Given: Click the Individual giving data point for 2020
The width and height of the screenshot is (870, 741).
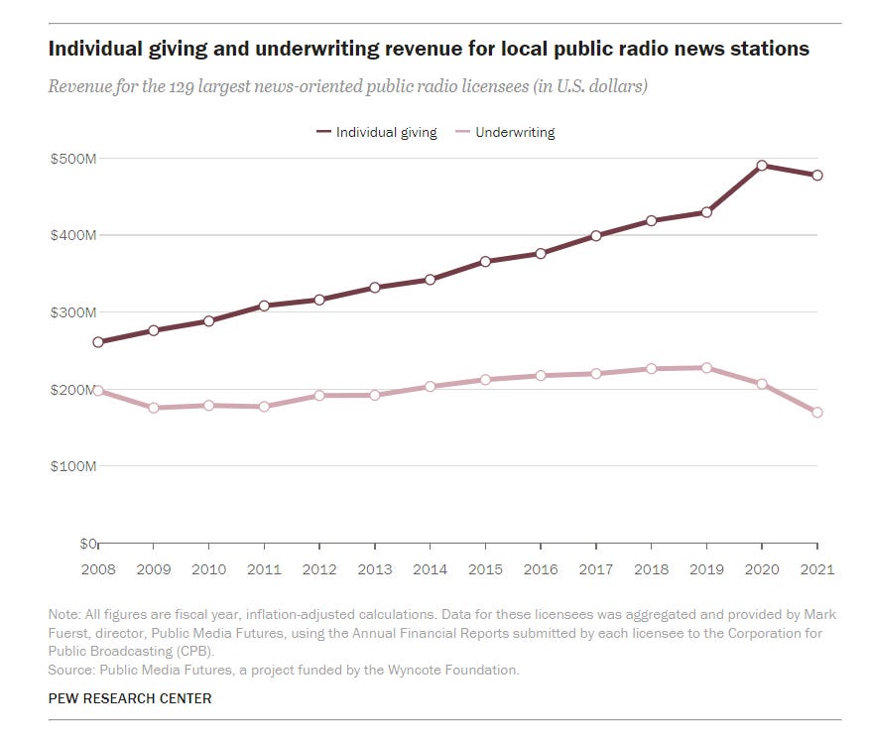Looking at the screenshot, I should [762, 166].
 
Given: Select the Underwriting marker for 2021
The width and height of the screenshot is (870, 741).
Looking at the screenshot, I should [817, 413].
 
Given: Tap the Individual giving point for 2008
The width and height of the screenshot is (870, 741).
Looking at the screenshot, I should [98, 342].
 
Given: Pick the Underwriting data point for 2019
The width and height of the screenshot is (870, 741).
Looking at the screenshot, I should [706, 368].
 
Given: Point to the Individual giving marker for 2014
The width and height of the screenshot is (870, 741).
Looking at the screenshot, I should [430, 280].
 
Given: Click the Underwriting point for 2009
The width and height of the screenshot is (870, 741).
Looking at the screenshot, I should [154, 408].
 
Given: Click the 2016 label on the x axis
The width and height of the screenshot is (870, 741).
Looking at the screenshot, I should [541, 570].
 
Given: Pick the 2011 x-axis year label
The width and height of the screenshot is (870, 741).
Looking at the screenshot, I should [264, 570].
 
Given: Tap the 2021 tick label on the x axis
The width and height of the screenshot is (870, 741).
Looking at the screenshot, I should [816, 570].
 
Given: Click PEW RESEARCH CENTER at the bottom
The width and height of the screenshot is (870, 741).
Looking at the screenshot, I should [130, 698].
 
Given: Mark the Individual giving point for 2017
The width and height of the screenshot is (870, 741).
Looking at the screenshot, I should [596, 236].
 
